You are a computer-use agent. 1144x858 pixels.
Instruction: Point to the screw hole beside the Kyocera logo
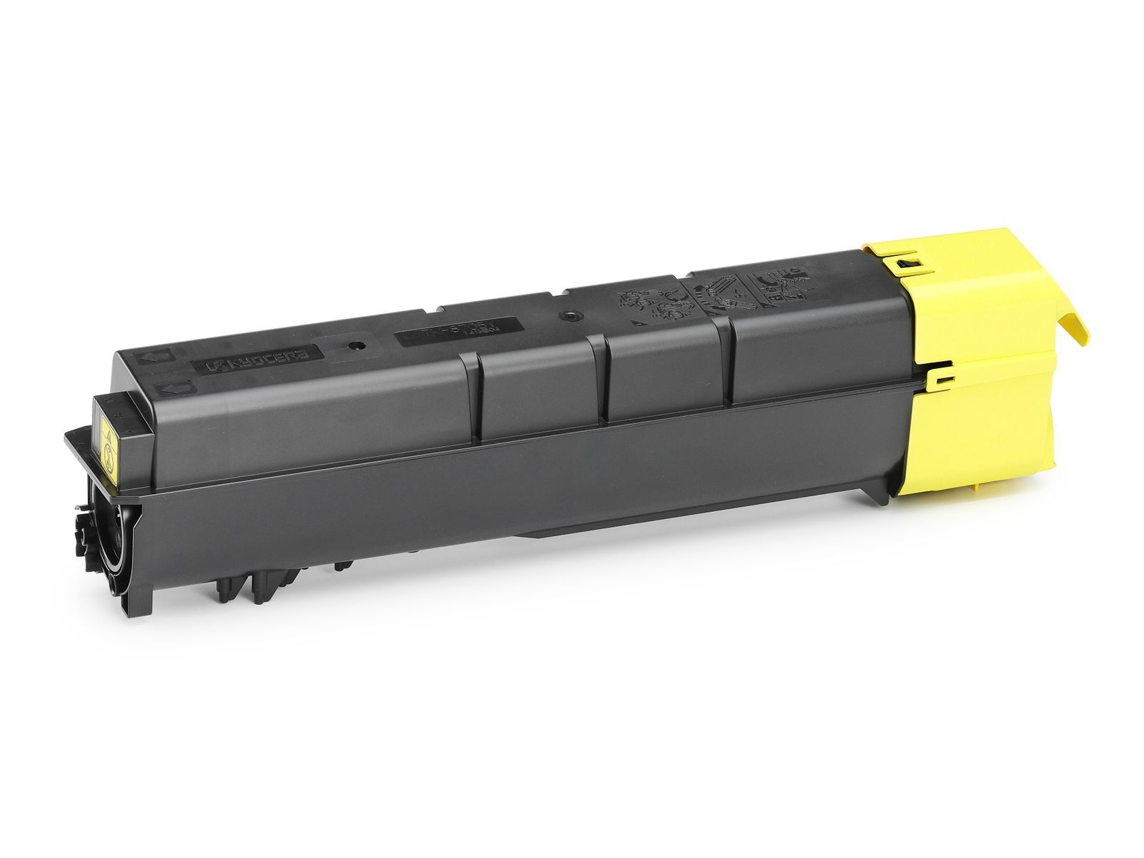357,346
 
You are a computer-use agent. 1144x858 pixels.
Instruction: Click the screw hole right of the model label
569,315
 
